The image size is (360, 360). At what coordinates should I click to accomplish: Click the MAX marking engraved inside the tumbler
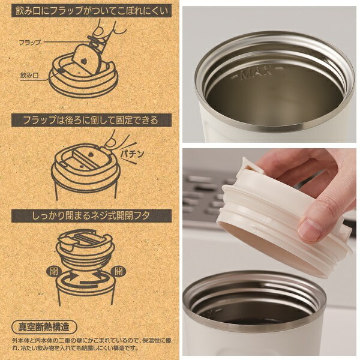(x=256, y=74)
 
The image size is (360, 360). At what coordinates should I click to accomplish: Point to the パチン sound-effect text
(x=133, y=154)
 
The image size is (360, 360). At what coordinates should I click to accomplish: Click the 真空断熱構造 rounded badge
(x=44, y=328)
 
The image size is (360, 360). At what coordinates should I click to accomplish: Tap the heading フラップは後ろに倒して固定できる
(x=91, y=120)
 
